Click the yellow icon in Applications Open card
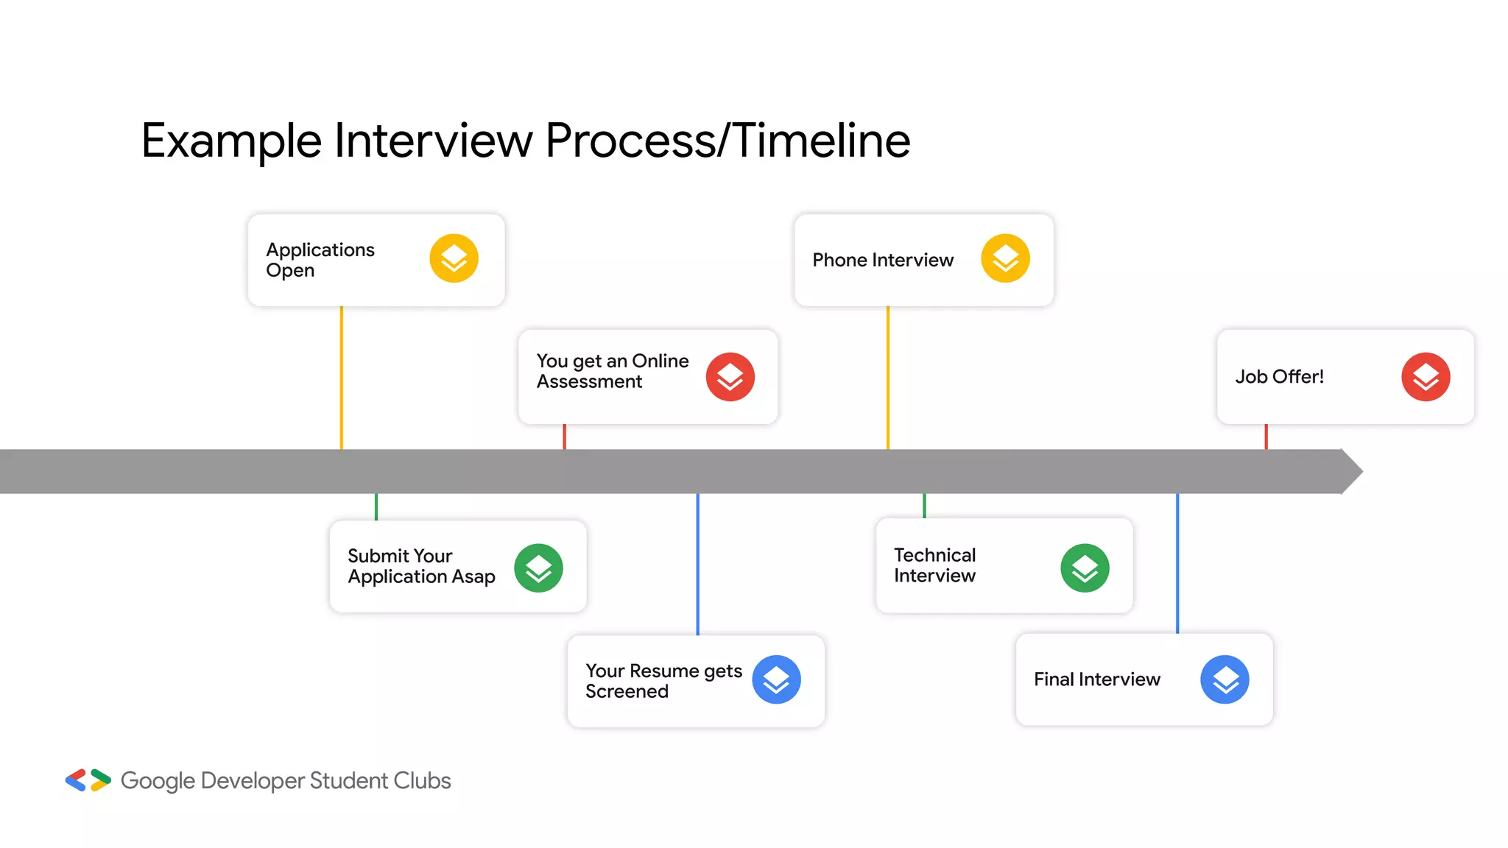[x=454, y=258]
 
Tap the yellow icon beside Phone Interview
[x=1005, y=258]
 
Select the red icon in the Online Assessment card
[x=730, y=377]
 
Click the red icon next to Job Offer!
[x=1426, y=377]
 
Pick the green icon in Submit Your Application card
[x=538, y=568]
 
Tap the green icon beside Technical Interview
[x=1085, y=568]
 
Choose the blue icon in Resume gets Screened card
[x=776, y=679]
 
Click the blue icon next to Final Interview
[x=1225, y=679]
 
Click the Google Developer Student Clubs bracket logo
[x=88, y=780]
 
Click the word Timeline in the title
[x=822, y=141]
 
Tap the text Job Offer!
[x=1279, y=377]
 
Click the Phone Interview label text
[x=882, y=260]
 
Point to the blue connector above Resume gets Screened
[x=698, y=563]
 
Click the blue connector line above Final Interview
[x=1177, y=563]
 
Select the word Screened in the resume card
[x=627, y=691]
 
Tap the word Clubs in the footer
[x=421, y=780]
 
